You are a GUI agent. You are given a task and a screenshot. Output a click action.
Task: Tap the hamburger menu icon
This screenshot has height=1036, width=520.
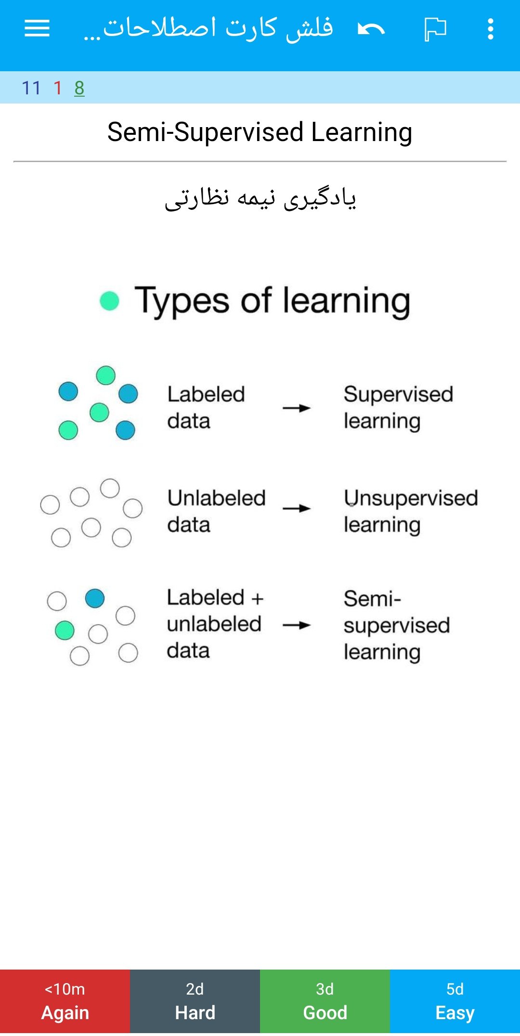(x=37, y=28)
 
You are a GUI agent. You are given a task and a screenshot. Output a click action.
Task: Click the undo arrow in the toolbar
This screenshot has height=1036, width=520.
(x=371, y=29)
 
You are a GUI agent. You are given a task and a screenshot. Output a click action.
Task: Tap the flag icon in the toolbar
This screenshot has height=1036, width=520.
(x=435, y=29)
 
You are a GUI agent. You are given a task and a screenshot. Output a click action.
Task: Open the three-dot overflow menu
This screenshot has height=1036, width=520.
(x=490, y=29)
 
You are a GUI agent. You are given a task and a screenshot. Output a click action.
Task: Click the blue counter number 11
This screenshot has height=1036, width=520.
(x=31, y=88)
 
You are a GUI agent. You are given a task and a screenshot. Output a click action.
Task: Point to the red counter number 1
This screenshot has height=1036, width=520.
(x=58, y=88)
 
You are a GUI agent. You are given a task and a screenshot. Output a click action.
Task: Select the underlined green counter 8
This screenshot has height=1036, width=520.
(x=79, y=88)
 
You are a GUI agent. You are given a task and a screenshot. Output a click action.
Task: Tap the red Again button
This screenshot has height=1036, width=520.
(x=65, y=1001)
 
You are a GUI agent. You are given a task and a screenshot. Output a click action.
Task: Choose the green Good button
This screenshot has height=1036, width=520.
(x=325, y=1001)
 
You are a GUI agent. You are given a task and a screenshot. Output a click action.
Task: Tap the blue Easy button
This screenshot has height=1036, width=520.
(x=455, y=1001)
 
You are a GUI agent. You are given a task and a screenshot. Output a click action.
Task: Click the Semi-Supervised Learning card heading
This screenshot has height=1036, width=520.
(x=260, y=132)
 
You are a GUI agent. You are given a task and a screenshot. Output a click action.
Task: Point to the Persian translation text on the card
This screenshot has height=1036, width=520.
(x=260, y=198)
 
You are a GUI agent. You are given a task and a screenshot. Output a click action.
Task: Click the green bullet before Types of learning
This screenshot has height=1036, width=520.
(x=109, y=301)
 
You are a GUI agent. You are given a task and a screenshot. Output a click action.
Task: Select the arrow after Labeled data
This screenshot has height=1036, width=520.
(x=297, y=408)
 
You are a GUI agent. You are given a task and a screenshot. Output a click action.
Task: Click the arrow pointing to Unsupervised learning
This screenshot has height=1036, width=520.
(x=297, y=508)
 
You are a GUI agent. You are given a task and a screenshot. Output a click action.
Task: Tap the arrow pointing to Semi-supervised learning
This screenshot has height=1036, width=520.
(x=297, y=625)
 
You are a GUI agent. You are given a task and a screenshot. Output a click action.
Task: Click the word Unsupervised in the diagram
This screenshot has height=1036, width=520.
(x=411, y=498)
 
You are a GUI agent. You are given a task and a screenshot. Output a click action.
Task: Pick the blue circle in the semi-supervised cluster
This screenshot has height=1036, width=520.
(x=95, y=598)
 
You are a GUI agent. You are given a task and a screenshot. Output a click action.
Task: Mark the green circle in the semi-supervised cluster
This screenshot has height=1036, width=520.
(x=65, y=630)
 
